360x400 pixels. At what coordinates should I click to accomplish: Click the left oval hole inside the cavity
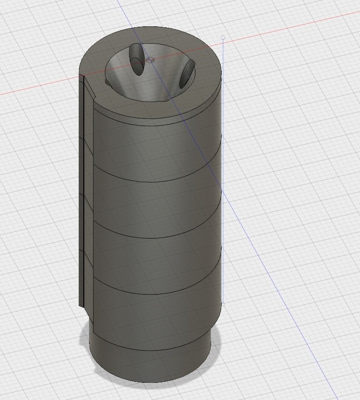[136, 60]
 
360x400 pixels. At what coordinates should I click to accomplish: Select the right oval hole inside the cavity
[186, 75]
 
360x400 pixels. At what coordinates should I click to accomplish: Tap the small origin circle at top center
[151, 60]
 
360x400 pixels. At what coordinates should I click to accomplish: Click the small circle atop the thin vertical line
[223, 37]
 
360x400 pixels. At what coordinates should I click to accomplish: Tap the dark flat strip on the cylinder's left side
[81, 192]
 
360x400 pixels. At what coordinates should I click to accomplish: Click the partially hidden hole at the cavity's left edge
[110, 83]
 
